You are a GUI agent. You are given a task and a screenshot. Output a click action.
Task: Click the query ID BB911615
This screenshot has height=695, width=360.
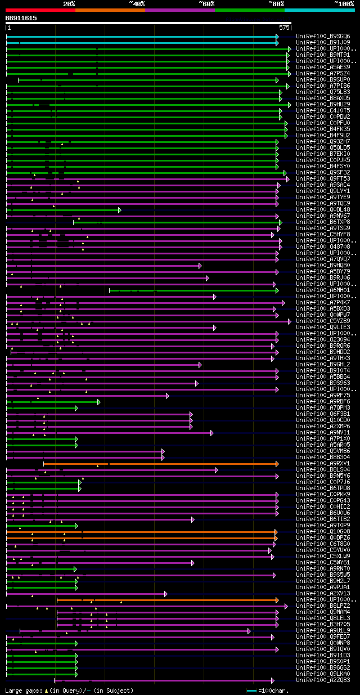21,18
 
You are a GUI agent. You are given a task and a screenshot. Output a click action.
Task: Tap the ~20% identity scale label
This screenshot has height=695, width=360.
69,3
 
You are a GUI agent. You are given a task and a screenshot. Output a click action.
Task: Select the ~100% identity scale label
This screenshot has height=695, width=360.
344,3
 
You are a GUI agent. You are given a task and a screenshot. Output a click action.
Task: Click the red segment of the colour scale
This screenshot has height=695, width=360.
40,10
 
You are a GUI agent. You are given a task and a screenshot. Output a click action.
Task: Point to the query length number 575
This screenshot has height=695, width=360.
284,27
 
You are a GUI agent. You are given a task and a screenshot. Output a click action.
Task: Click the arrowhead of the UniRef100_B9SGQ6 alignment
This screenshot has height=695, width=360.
277,37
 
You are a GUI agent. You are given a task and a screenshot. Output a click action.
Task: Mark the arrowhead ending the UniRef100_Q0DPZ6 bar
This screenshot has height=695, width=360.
276,537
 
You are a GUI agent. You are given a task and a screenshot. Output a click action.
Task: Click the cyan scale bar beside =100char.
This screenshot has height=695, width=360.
251,690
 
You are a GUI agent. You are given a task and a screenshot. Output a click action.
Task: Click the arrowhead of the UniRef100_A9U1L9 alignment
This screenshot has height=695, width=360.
249,630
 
